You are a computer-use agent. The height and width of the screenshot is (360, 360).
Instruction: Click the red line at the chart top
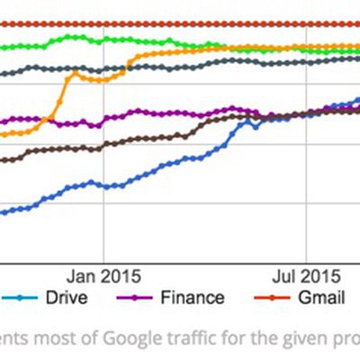coord(180,23)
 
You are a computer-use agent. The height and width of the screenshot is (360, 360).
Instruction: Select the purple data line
coord(180,114)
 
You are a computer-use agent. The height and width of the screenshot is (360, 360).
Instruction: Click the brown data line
coord(135,139)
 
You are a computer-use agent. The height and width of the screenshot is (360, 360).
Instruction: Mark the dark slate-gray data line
coord(180,65)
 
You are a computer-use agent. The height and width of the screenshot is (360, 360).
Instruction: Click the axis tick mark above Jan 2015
coord(104,259)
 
